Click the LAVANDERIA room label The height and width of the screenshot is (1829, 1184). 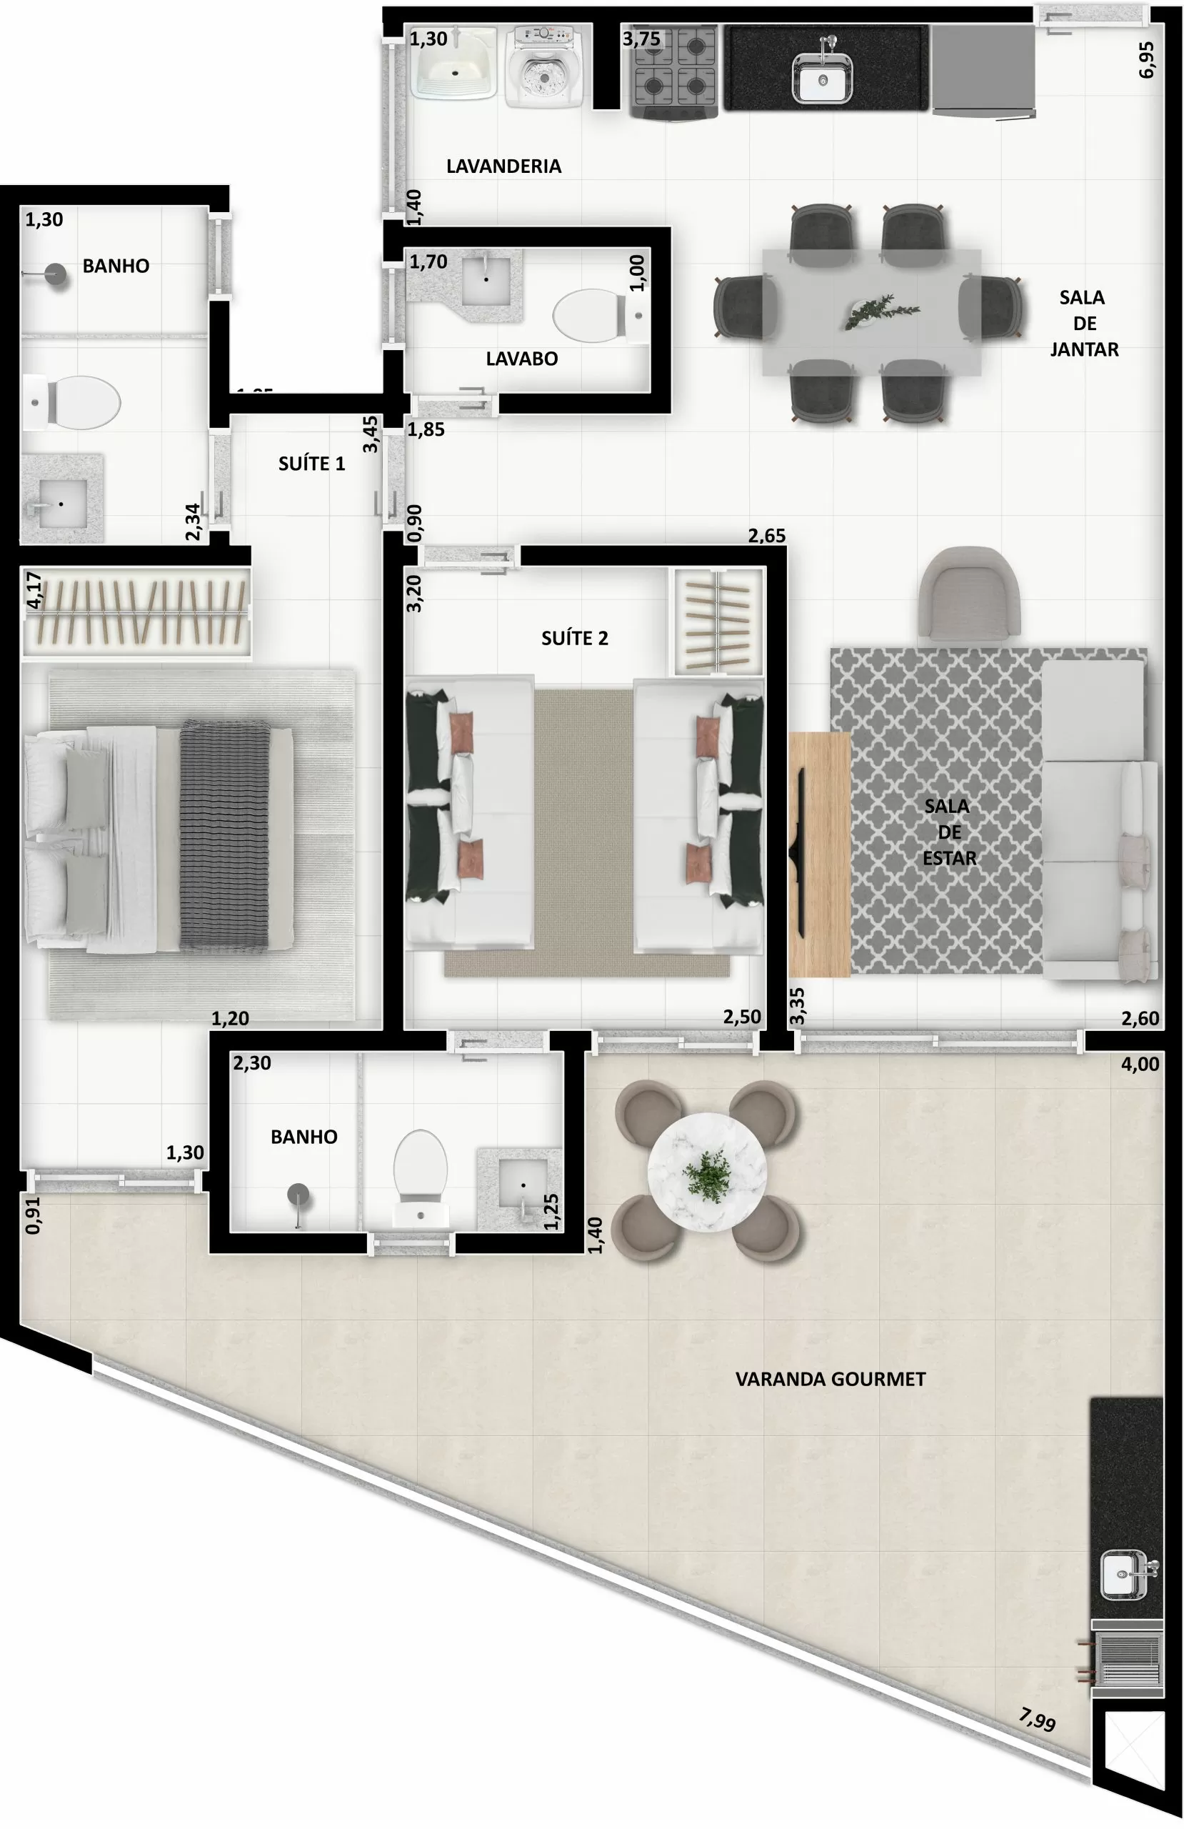click(x=503, y=166)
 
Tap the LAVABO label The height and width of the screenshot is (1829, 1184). click(x=522, y=358)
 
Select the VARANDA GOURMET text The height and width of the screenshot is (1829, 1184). click(x=830, y=1379)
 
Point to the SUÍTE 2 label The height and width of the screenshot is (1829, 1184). click(x=574, y=638)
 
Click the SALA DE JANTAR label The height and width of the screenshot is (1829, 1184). click(x=1083, y=323)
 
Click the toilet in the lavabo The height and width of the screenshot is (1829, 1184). click(x=591, y=315)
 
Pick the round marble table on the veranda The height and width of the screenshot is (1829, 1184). click(x=707, y=1172)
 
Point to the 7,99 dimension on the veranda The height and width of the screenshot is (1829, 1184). click(x=1037, y=1718)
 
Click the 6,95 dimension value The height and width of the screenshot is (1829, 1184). click(x=1145, y=59)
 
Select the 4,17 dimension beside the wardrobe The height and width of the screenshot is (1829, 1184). click(x=34, y=589)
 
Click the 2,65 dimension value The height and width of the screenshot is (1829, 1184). click(x=766, y=536)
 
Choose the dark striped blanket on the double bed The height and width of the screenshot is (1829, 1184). click(x=224, y=836)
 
